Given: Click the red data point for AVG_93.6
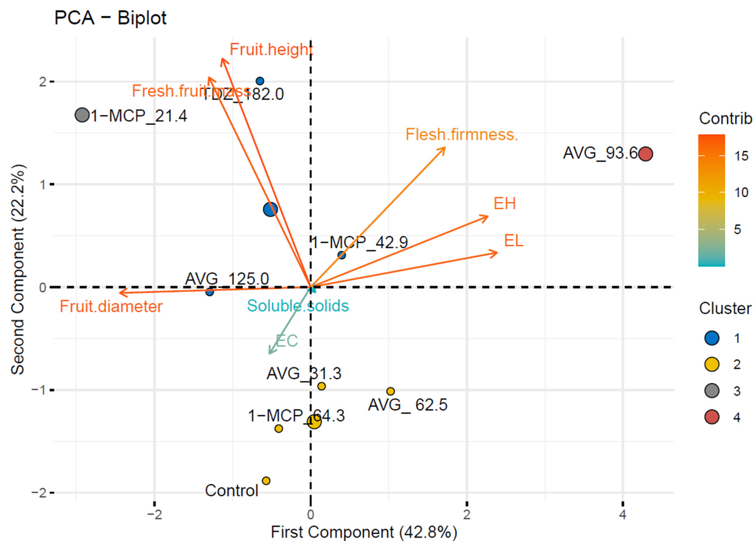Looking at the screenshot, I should (646, 154).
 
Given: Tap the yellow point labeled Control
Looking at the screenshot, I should (266, 481).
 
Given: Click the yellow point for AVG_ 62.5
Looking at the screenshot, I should (391, 391).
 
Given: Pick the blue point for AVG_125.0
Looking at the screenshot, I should (209, 292).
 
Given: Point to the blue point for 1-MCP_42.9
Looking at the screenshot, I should (342, 255).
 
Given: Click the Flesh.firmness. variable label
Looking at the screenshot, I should (462, 135).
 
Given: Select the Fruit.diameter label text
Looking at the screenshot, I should (111, 307).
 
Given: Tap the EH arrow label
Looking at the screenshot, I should (504, 203).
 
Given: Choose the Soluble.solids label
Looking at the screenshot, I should (298, 306).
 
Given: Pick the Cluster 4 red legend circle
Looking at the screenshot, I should (712, 417).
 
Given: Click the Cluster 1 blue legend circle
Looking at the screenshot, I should (712, 338).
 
